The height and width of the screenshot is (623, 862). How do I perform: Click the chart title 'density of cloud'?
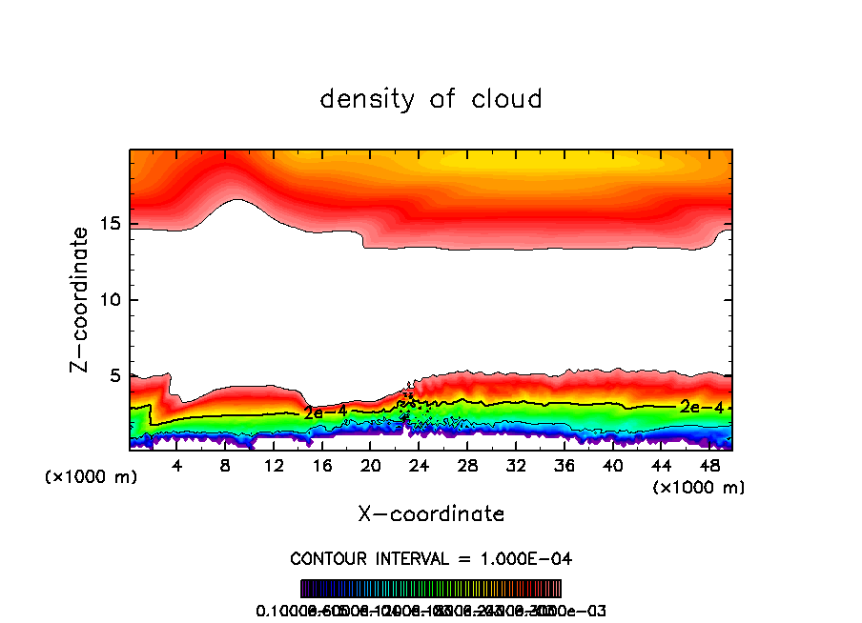(431, 98)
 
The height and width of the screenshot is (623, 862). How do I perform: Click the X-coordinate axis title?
(431, 513)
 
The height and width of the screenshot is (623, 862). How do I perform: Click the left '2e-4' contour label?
(325, 412)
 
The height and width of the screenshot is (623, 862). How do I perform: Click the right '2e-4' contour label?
(701, 407)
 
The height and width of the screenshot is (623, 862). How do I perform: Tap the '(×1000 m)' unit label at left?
(92, 476)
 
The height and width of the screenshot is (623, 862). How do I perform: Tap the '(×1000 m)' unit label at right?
(698, 487)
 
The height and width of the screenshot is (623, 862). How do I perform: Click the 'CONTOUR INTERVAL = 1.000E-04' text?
(431, 557)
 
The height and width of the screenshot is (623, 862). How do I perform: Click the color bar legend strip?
(431, 589)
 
